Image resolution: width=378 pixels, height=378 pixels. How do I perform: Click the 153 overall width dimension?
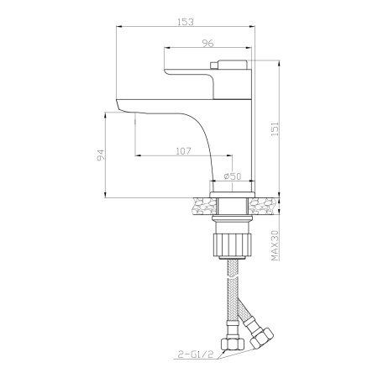186,22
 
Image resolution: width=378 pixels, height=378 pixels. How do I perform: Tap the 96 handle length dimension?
207,43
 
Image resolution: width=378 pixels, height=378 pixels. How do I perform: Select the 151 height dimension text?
275,129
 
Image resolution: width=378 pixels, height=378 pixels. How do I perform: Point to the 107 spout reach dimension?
183,151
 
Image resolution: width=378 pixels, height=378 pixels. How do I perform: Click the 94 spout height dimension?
100,155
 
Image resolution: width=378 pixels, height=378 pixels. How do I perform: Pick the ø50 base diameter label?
233,176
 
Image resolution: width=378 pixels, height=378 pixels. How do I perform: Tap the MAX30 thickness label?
275,245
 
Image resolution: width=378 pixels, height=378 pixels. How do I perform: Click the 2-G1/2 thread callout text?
196,354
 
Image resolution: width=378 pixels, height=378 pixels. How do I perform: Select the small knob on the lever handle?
214,65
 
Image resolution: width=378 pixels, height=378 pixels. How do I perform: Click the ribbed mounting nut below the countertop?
233,244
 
